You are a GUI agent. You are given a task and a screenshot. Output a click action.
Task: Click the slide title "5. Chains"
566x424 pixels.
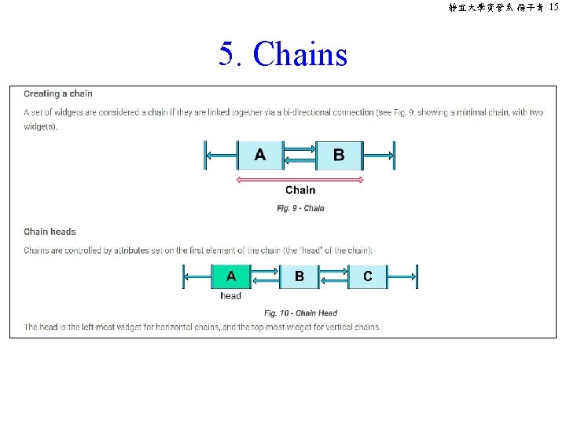pyautogui.click(x=283, y=55)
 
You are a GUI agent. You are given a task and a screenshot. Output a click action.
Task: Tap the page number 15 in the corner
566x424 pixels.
pyautogui.click(x=553, y=7)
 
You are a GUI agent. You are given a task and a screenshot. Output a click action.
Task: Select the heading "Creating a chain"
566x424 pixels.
pyautogui.click(x=58, y=94)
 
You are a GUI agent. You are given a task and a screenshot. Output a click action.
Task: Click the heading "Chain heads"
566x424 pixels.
pyautogui.click(x=50, y=232)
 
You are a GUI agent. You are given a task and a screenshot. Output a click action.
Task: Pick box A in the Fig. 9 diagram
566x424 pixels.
pyautogui.click(x=260, y=155)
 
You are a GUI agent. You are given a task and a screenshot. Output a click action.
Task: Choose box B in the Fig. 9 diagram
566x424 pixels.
pyautogui.click(x=339, y=155)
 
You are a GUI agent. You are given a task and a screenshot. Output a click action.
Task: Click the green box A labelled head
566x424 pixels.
pyautogui.click(x=230, y=276)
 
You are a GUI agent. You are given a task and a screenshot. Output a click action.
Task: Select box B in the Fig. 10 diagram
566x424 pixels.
pyautogui.click(x=299, y=276)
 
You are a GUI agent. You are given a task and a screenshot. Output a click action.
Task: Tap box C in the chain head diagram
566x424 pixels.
pyautogui.click(x=368, y=276)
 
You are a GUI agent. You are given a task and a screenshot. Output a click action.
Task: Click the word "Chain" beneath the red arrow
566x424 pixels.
pyautogui.click(x=300, y=190)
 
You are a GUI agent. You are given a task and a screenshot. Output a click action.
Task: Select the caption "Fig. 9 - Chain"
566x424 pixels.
pyautogui.click(x=300, y=208)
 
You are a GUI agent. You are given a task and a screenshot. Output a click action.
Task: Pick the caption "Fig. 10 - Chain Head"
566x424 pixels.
pyautogui.click(x=300, y=313)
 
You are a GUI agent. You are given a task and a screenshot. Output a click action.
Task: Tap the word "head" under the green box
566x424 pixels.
pyautogui.click(x=231, y=296)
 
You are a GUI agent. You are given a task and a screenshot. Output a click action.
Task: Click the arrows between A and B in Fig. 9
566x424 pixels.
pyautogui.click(x=300, y=155)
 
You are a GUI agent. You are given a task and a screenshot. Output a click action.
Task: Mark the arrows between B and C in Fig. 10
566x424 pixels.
pyautogui.click(x=333, y=276)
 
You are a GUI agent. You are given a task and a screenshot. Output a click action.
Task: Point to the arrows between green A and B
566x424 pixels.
pyautogui.click(x=265, y=276)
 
